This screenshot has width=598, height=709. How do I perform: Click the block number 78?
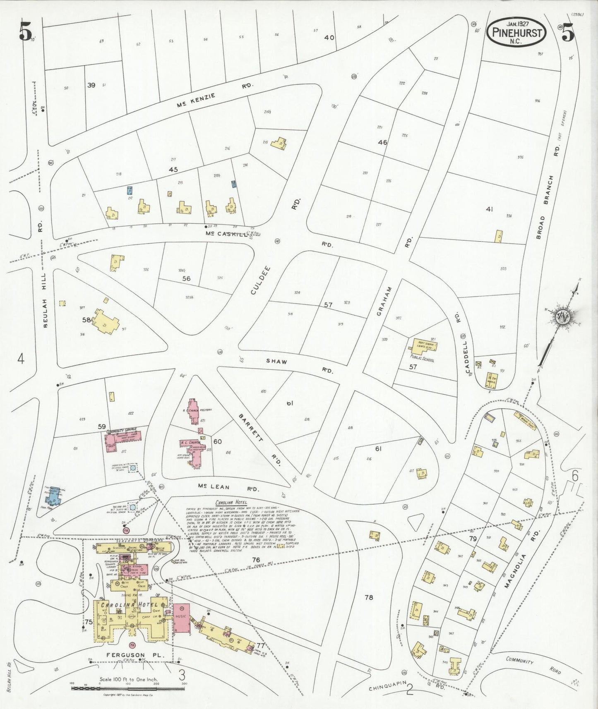click(x=369, y=597)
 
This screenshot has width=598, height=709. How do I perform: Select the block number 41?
click(x=490, y=209)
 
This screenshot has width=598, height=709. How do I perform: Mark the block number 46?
click(x=382, y=142)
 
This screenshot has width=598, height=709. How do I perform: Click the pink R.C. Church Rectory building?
click(x=193, y=412)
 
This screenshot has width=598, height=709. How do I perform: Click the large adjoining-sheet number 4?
click(x=20, y=359)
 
